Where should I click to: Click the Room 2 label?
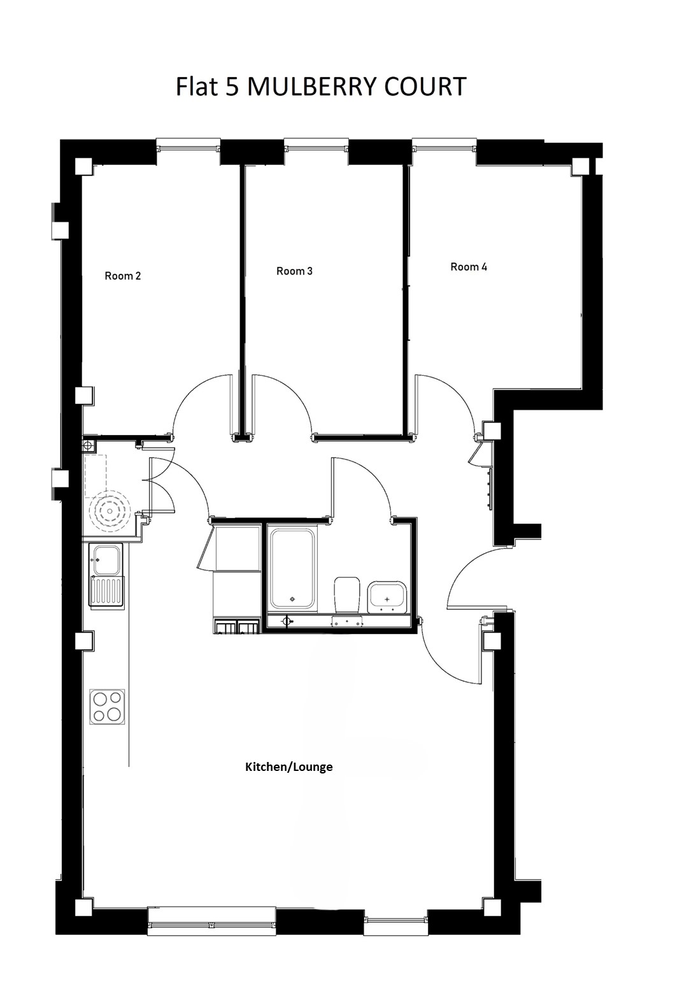click(122, 276)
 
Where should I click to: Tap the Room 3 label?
click(294, 271)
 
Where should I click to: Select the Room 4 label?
click(469, 267)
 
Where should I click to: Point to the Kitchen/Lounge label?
click(289, 766)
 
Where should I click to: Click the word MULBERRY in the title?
click(312, 86)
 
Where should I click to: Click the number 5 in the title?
click(232, 86)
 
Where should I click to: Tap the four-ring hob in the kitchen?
click(107, 707)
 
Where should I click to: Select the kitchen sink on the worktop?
click(106, 576)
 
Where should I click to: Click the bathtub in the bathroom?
click(293, 570)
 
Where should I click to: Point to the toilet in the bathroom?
click(348, 595)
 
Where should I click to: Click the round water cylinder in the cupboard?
click(109, 511)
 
